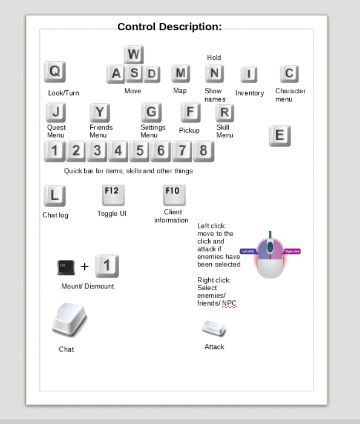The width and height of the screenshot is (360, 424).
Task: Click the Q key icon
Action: [x=54, y=72]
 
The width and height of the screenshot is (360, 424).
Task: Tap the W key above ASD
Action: [x=134, y=55]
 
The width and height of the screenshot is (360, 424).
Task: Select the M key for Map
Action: [x=180, y=74]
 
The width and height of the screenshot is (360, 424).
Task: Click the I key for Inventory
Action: [x=249, y=75]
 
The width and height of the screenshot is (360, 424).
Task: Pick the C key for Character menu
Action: [x=289, y=74]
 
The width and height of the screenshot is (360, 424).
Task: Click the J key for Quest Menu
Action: [x=56, y=112]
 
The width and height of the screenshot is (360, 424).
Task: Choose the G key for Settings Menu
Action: [x=151, y=112]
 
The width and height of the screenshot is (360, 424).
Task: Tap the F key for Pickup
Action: [x=190, y=112]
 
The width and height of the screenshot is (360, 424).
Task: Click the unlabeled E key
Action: [x=280, y=136]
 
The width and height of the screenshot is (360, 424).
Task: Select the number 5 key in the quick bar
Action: [x=140, y=151]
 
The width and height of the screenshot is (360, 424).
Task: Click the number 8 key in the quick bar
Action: [x=203, y=151]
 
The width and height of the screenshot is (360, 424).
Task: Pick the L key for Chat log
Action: [x=54, y=196]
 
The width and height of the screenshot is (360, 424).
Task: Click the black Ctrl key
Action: [x=65, y=267]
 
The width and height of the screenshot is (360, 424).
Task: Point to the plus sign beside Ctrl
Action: [x=85, y=267]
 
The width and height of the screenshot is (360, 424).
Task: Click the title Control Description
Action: [x=169, y=27]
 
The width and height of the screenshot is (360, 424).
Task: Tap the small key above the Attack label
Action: [x=214, y=329]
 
